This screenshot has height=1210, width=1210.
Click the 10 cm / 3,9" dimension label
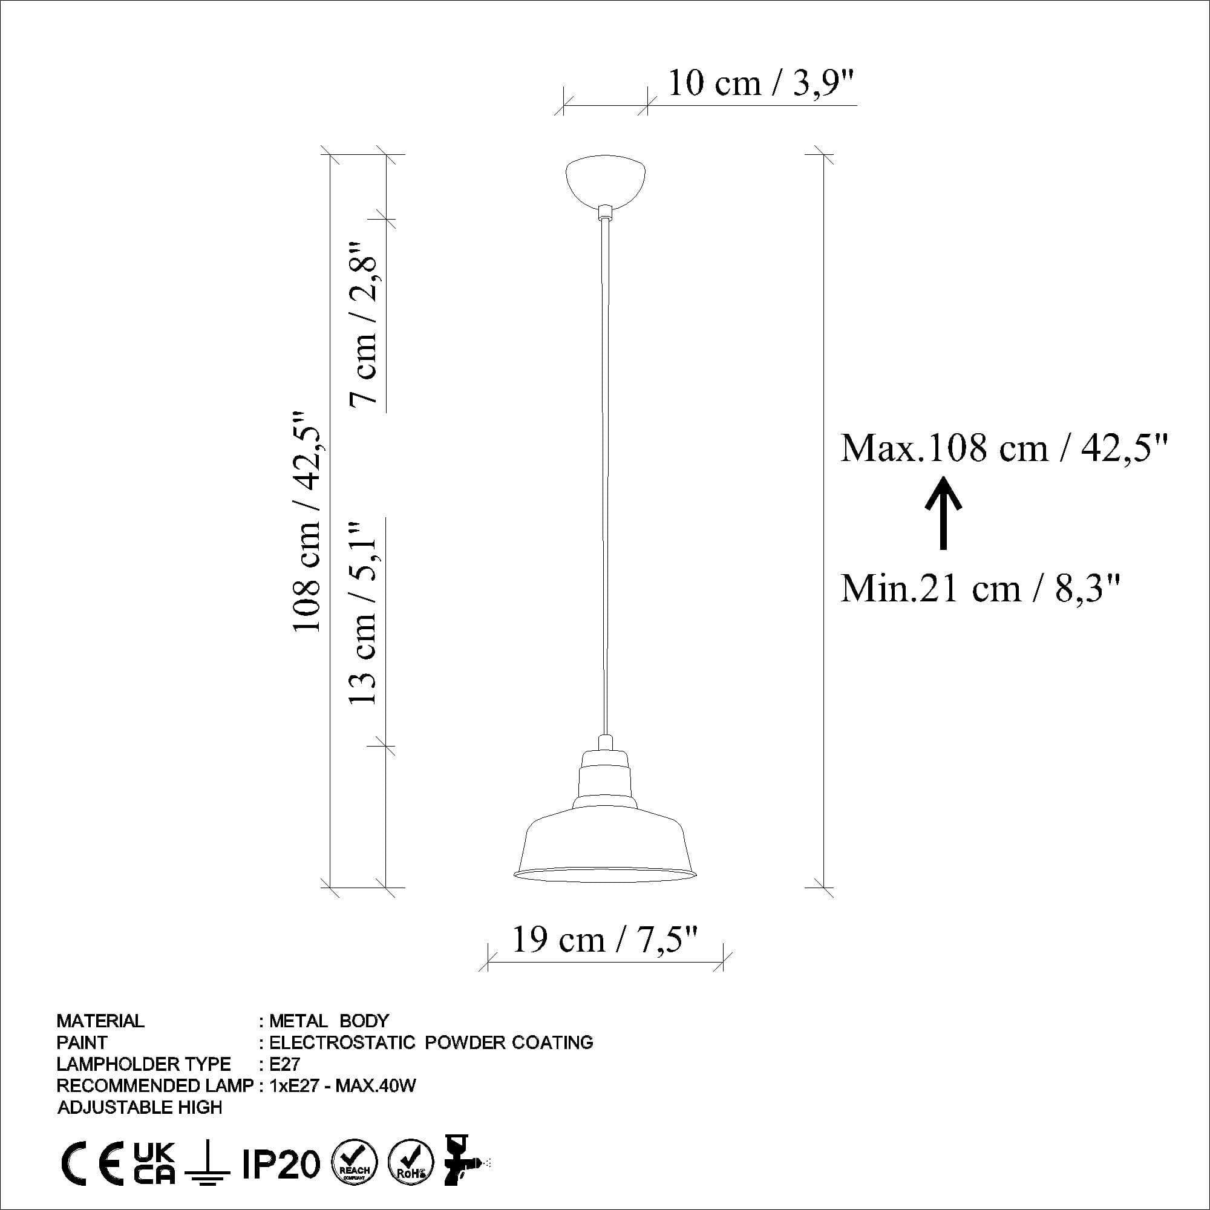(761, 83)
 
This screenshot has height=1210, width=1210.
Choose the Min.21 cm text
(980, 589)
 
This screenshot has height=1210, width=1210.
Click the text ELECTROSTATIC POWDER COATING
(431, 1042)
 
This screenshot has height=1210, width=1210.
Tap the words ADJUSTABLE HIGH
(140, 1107)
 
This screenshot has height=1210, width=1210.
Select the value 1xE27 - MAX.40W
(342, 1085)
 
